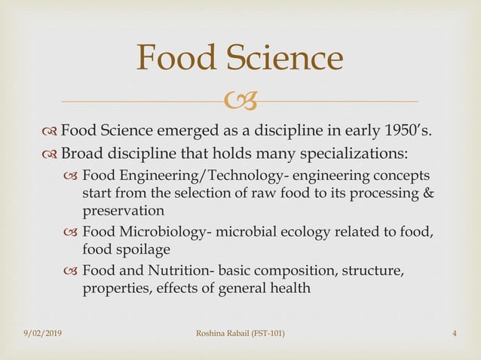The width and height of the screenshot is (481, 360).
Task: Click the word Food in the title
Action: (x=175, y=59)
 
